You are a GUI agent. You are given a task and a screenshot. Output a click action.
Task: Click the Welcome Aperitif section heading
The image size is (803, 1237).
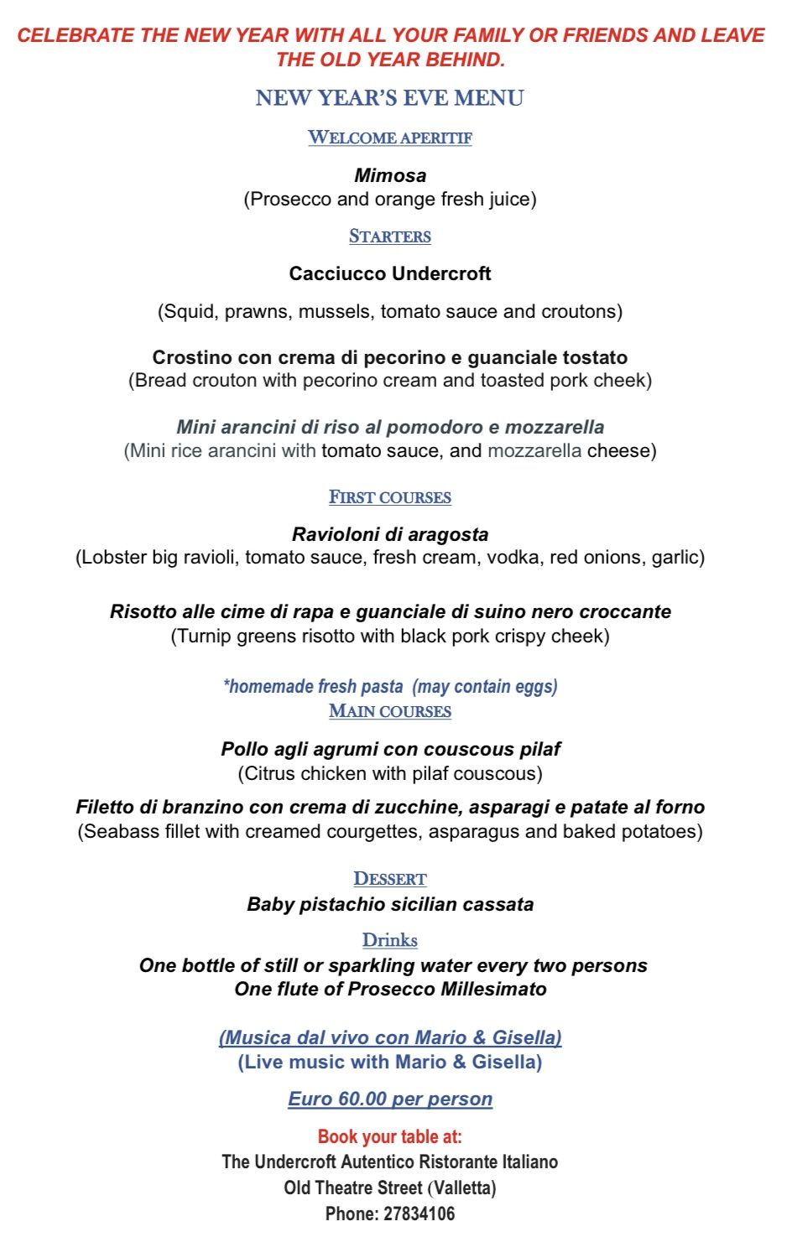(x=389, y=138)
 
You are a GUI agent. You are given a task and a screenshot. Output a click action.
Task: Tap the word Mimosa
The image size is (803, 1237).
(x=390, y=175)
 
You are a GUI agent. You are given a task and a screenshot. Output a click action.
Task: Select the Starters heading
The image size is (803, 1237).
(x=389, y=236)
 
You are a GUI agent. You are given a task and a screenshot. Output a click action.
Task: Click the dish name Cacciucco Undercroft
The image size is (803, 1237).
(x=389, y=273)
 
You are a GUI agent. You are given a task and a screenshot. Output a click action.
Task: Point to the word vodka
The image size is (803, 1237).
(x=514, y=557)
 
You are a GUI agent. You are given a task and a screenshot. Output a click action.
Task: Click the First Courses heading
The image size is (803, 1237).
(x=389, y=497)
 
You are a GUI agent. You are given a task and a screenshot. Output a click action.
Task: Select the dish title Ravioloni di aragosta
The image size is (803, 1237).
(x=389, y=534)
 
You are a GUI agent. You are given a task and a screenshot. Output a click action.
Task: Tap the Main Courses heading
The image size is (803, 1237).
(x=389, y=711)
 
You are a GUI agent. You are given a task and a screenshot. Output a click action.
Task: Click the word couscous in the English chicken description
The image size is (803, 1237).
(x=501, y=773)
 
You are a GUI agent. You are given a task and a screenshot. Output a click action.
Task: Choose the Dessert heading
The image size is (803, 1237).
(x=389, y=879)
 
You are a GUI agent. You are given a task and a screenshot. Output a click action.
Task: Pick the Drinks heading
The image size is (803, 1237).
(x=389, y=940)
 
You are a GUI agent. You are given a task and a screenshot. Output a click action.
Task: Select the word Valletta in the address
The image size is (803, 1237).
(x=463, y=1188)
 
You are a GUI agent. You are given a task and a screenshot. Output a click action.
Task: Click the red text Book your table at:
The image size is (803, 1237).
(x=389, y=1136)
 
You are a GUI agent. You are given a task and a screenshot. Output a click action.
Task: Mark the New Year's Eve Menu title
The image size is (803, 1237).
(x=389, y=98)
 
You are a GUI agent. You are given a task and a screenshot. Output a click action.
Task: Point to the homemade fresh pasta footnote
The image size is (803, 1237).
(x=389, y=686)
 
